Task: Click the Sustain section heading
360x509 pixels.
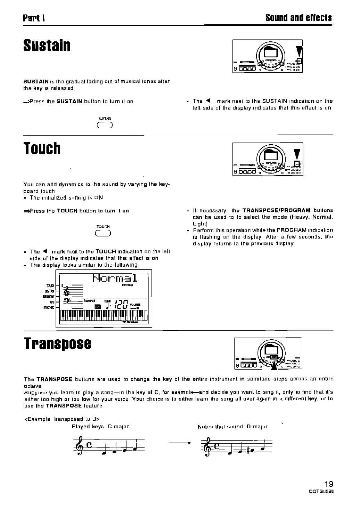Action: point(47,46)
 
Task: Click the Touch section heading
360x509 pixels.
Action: point(42,148)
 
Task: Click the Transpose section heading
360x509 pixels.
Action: point(58,344)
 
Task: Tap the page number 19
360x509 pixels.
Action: point(328,484)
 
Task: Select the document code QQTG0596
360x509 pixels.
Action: point(321,491)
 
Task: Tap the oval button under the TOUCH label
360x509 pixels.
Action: point(103,233)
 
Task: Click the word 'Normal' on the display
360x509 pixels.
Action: point(115,278)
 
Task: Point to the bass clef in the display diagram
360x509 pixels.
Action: point(69,301)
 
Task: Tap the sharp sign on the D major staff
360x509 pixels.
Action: point(248,451)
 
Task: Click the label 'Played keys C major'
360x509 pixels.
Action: point(100,427)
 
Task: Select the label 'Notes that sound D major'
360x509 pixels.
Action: point(232,427)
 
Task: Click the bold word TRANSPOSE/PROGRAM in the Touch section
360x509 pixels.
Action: point(276,210)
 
